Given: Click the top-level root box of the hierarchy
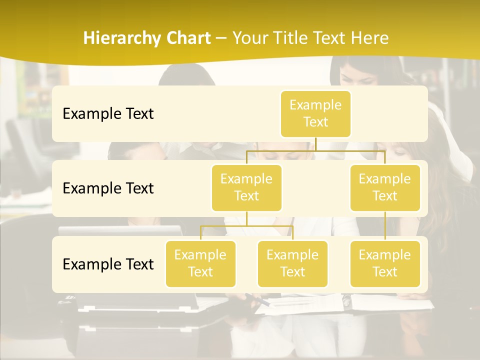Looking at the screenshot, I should [x=315, y=114].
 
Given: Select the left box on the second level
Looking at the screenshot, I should [x=246, y=188].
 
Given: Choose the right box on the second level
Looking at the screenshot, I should [x=385, y=188].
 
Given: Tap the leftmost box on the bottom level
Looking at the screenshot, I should [x=200, y=264].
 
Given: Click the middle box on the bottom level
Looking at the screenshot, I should [x=292, y=264].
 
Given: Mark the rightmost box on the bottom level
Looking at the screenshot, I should [x=385, y=264].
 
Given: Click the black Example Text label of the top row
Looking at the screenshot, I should [x=108, y=114].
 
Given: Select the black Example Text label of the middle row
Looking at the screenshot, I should [x=108, y=188].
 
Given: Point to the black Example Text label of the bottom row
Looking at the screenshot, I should [x=108, y=264].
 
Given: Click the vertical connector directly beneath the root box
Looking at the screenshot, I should [x=315, y=144].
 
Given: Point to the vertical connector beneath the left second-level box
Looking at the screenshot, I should [x=246, y=218].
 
